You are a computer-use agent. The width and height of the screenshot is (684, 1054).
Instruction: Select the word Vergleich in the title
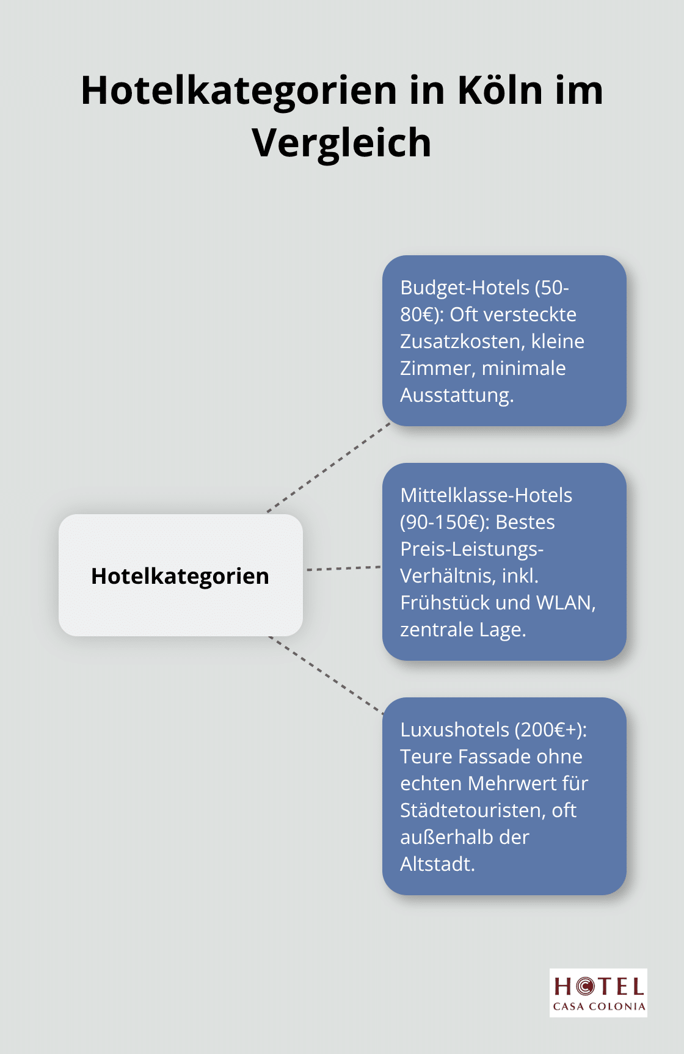coord(341,143)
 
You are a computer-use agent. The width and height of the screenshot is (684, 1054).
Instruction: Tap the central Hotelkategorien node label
coord(180,576)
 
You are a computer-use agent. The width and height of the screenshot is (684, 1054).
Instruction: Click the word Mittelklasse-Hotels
coord(486,495)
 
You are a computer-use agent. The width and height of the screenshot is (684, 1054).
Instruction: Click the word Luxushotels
coord(454,729)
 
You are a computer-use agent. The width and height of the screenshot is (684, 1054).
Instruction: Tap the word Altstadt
coord(437,863)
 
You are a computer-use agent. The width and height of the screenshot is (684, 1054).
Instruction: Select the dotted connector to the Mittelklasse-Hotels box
coord(343,569)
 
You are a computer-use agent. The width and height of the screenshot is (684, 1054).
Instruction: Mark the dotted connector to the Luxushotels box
coord(326,675)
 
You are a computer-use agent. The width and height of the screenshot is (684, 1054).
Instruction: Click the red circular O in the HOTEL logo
coord(584,986)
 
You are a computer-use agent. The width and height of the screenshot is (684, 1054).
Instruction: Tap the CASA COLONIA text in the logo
coord(598,1006)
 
